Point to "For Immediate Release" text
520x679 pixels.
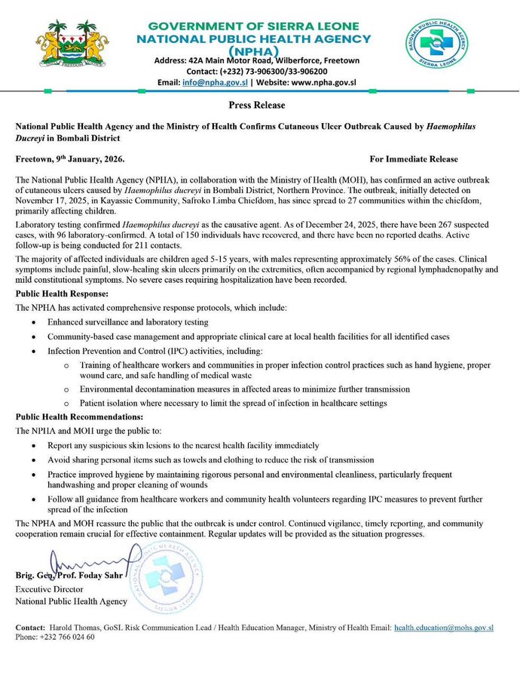coord(414,160)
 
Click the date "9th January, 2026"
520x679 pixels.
coord(90,160)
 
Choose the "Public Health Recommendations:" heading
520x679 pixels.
coord(78,416)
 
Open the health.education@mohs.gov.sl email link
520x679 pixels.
coord(444,627)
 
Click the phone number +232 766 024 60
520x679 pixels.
coord(65,638)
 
